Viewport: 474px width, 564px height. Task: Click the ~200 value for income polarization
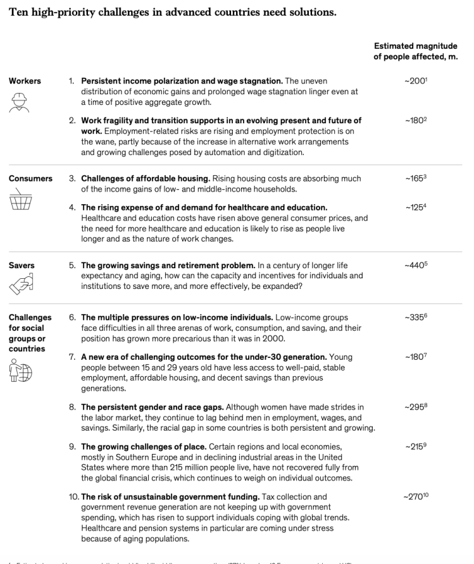pyautogui.click(x=416, y=82)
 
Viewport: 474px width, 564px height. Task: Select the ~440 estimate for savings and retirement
pyautogui.click(x=416, y=266)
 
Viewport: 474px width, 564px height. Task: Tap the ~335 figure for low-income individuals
pyautogui.click(x=416, y=318)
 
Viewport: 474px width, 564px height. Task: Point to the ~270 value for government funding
pyautogui.click(x=416, y=497)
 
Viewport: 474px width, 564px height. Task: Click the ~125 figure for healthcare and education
pyautogui.click(x=416, y=208)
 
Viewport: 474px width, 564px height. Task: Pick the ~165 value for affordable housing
pyautogui.click(x=416, y=179)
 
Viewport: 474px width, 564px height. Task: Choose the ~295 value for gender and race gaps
pyautogui.click(x=416, y=407)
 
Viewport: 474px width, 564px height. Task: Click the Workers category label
pyautogui.click(x=25, y=82)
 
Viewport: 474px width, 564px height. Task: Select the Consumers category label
pyautogui.click(x=30, y=179)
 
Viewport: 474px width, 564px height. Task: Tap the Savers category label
pyautogui.click(x=22, y=266)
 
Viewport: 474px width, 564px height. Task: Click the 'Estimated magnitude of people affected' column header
pyautogui.click(x=416, y=51)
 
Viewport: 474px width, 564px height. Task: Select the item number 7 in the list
pyautogui.click(x=72, y=357)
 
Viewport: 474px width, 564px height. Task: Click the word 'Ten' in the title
pyautogui.click(x=18, y=11)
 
